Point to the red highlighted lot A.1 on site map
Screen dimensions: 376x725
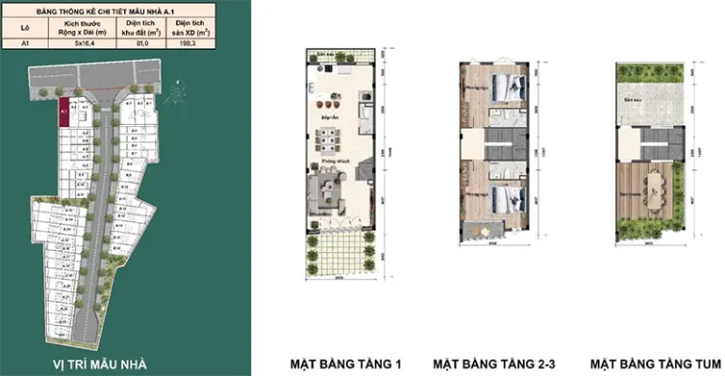(x=65, y=112)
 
